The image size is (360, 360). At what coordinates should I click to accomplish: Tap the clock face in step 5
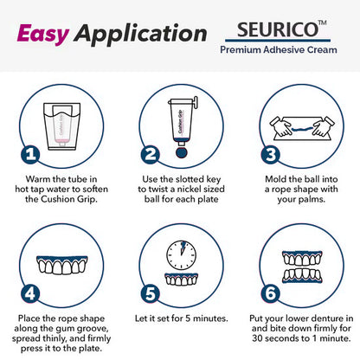(x=181, y=251)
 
